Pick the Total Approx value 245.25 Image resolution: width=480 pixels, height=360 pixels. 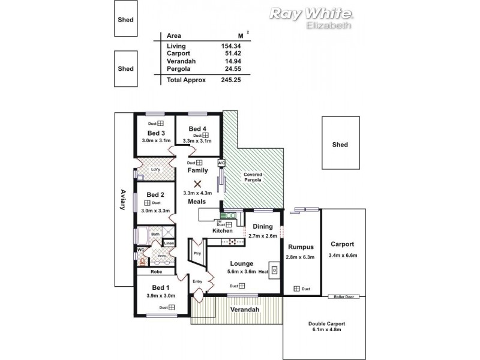tap(229, 79)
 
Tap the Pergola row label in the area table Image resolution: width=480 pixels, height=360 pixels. tap(178, 69)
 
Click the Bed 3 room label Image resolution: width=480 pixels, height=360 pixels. tap(156, 133)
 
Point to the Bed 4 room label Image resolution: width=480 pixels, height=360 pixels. tap(197, 128)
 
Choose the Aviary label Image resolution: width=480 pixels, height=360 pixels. tap(123, 200)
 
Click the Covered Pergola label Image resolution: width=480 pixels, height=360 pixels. tap(253, 177)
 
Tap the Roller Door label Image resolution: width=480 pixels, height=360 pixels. tap(344, 297)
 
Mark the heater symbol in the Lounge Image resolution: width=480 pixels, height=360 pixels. tap(274, 270)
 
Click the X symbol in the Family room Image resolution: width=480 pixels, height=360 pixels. tap(197, 184)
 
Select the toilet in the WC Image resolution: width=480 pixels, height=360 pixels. tap(142, 260)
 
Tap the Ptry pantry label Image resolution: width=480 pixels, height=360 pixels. tap(197, 253)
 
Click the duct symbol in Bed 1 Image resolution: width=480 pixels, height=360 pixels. tap(172, 307)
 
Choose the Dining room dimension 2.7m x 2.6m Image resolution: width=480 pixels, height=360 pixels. tap(263, 236)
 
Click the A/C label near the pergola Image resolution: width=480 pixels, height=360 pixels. tap(221, 163)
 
